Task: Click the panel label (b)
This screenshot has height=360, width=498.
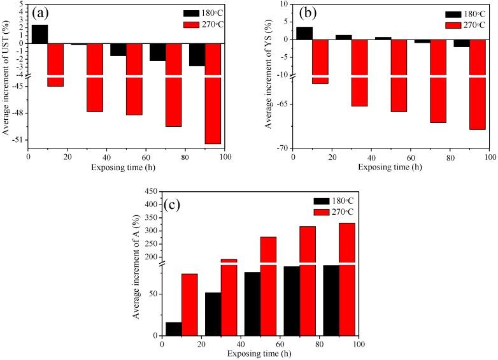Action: pos(307,13)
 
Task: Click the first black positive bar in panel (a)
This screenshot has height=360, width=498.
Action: pos(39,34)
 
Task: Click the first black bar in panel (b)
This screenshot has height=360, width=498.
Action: pos(304,33)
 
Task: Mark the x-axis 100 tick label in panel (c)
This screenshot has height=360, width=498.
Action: pos(359,345)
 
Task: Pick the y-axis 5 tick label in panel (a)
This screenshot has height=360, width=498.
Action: pos(21,4)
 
